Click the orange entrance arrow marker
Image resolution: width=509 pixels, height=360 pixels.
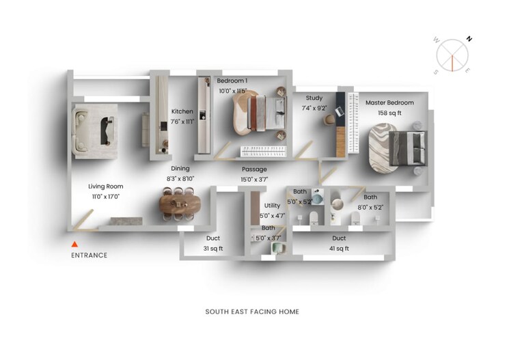tap(75, 244)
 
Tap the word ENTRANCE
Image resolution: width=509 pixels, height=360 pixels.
tap(89, 255)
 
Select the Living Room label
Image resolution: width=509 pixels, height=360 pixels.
tap(105, 186)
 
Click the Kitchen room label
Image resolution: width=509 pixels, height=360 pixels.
tap(182, 111)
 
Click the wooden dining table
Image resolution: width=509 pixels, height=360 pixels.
tap(181, 204)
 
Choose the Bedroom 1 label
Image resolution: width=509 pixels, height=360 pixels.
tap(232, 81)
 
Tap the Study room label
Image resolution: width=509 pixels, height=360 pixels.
tap(314, 98)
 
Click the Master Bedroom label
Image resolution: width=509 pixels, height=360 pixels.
tap(389, 102)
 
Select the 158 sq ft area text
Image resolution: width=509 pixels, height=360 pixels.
tap(389, 111)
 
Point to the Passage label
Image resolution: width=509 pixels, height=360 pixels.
tap(254, 169)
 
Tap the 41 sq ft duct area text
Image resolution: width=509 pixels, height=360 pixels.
tap(339, 249)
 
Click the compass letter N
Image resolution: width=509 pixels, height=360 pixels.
tap(469, 39)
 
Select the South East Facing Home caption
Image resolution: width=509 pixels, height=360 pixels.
tap(252, 311)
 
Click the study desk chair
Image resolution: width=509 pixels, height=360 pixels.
tap(329, 119)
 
